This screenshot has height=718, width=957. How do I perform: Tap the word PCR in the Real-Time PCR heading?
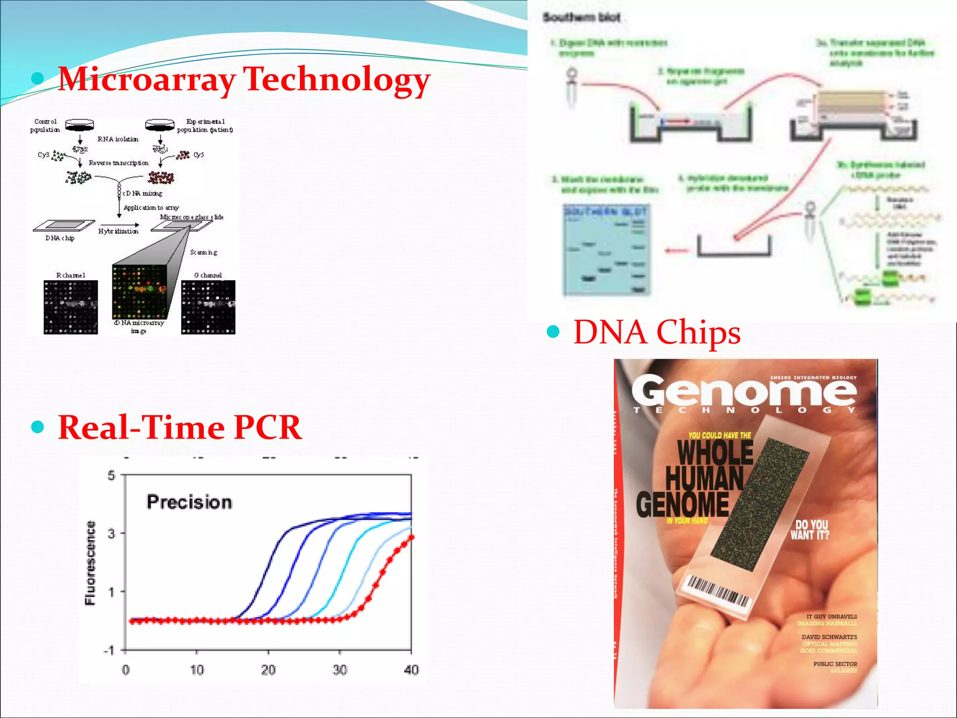pos(268,427)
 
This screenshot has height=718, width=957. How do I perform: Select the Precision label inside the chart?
pos(189,502)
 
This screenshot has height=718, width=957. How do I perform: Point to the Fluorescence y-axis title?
pos(90,563)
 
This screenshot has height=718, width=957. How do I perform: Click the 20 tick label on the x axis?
pos(268,670)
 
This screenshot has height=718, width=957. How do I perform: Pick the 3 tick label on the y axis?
pos(111,533)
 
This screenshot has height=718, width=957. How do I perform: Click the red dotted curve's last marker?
pos(411,538)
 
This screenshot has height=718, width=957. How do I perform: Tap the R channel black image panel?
pos(71,307)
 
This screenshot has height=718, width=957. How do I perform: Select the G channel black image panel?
pos(208,307)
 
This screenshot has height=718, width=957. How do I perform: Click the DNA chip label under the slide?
pos(60,238)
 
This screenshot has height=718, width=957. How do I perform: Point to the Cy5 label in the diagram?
pos(199,155)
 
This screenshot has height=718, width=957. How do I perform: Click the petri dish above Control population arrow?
pos(79,124)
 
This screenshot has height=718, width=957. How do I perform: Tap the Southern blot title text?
pos(581,18)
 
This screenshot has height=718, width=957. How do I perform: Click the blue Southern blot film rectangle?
pos(606,250)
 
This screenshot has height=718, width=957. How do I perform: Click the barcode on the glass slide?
pos(717,591)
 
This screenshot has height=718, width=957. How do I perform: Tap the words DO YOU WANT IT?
pos(810,530)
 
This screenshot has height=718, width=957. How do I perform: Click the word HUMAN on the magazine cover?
pos(704,478)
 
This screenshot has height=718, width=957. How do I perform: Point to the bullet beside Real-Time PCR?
pos(37,427)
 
